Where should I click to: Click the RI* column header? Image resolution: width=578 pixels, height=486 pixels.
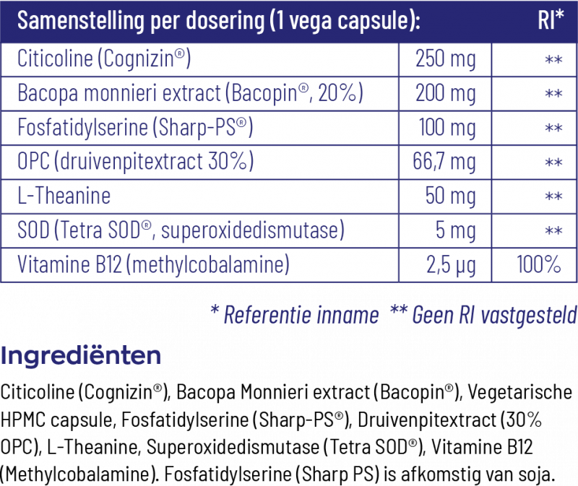point(551,20)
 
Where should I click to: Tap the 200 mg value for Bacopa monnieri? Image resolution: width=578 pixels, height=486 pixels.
point(445,94)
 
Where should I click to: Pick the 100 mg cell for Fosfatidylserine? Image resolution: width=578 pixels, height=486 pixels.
point(447,128)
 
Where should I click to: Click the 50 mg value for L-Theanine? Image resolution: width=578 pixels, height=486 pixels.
point(450,196)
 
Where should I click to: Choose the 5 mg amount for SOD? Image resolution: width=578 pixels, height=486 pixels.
point(454,230)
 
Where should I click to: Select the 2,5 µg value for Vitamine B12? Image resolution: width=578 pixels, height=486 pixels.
point(450,264)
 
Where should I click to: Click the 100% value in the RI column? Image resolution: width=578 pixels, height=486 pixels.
point(539,264)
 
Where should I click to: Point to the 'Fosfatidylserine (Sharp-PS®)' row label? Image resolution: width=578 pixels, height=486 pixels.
point(135,128)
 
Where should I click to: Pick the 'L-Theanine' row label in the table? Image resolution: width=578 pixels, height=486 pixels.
point(64,196)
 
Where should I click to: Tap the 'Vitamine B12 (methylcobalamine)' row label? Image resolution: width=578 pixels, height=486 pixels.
point(152,264)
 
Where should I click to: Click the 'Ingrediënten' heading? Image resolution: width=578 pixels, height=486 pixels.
point(80,356)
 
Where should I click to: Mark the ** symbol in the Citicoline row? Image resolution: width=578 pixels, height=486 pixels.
point(553,60)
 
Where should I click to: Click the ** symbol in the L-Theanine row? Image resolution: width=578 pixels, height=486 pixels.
point(553,196)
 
